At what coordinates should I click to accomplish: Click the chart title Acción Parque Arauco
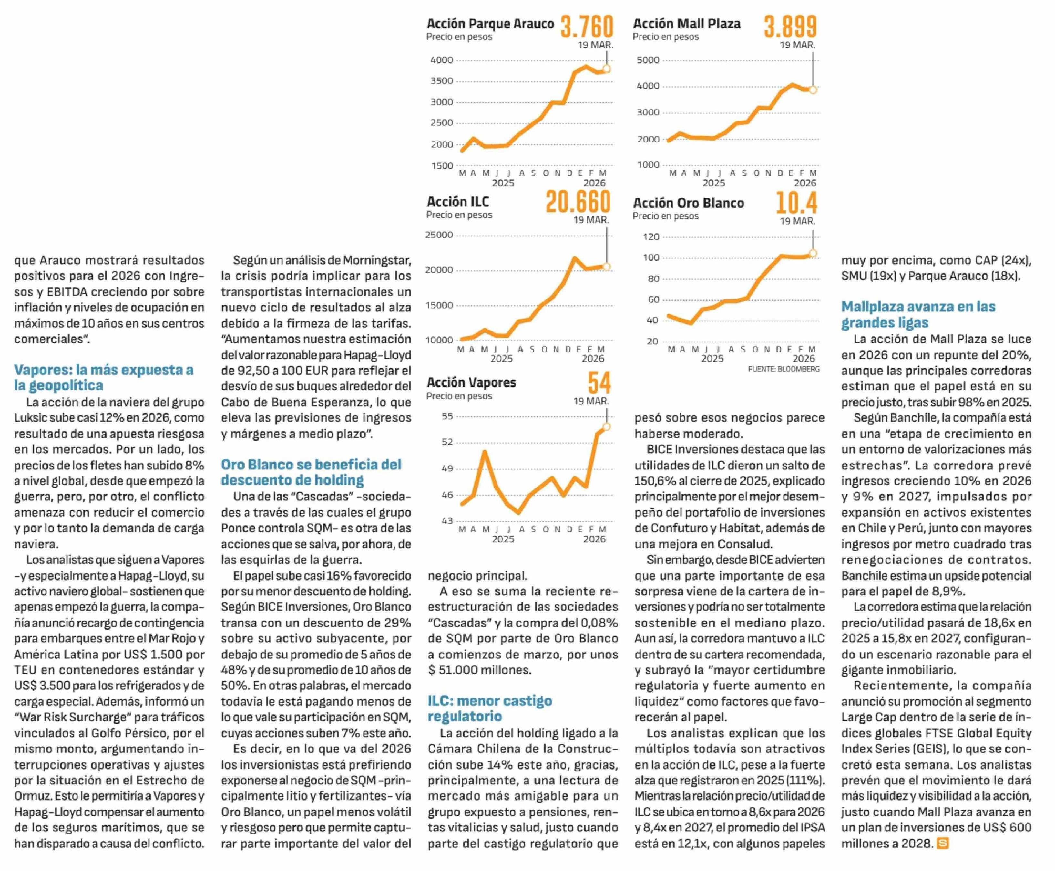click(490, 24)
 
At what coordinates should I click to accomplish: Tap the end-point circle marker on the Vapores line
click(606, 426)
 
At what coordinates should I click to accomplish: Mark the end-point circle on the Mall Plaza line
click(813, 90)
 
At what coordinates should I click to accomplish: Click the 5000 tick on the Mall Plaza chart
click(648, 60)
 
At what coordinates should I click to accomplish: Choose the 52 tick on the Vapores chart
click(447, 442)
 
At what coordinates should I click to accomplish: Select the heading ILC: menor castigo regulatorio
click(489, 708)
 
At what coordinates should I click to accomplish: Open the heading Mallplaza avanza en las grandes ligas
click(917, 314)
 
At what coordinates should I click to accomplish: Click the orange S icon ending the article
click(942, 844)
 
